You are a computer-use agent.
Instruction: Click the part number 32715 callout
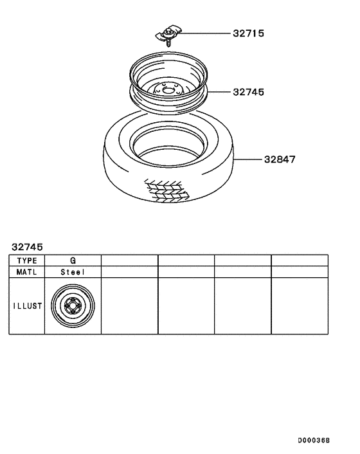(249, 33)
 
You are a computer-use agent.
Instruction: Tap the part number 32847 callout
(279, 159)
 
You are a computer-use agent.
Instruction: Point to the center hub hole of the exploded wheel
(169, 91)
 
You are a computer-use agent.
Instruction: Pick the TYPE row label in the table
(26, 260)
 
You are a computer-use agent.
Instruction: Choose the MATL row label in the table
(26, 272)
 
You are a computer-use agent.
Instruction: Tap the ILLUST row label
(26, 306)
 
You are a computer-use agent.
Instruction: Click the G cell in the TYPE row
(73, 260)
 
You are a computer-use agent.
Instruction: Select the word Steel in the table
(73, 272)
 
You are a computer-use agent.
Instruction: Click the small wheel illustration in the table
(72, 307)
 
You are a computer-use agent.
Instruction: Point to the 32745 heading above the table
(26, 246)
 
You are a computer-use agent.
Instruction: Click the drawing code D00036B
(313, 440)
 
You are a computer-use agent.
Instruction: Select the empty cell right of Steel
(129, 272)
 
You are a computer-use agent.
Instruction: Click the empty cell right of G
(129, 260)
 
